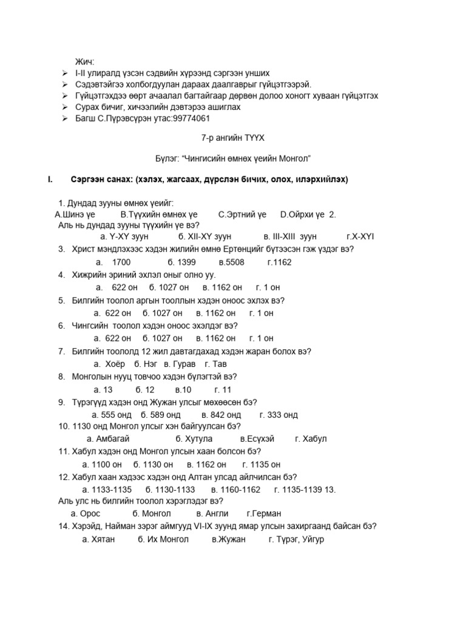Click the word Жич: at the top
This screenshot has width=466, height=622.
85,62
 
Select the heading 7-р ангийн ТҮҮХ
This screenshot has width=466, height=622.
233,138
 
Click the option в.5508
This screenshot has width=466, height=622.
231,262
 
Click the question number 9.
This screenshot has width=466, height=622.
62,402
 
